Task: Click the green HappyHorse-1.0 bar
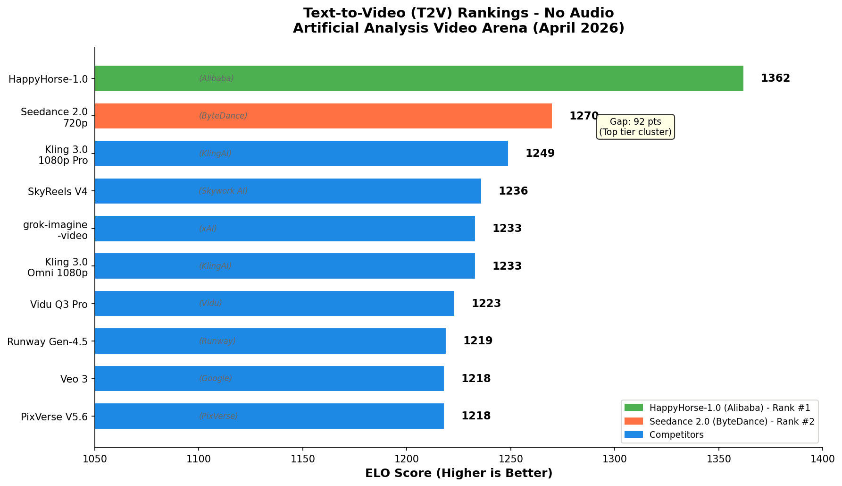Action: (x=419, y=78)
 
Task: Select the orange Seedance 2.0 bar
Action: (x=323, y=116)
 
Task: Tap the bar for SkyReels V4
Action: (x=288, y=191)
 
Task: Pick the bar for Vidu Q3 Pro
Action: (x=275, y=304)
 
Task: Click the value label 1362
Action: (x=775, y=78)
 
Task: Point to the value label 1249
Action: (x=540, y=153)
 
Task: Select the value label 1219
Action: (x=478, y=341)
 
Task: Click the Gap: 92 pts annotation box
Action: (x=635, y=127)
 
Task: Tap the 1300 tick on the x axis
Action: (x=615, y=459)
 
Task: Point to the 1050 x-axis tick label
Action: (x=95, y=459)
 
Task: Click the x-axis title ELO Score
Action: (x=459, y=473)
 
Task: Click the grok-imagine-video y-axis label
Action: (x=55, y=230)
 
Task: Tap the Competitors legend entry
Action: (x=676, y=435)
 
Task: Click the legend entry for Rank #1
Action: (x=729, y=408)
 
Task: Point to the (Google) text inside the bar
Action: (x=216, y=379)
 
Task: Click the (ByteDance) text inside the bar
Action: (x=223, y=116)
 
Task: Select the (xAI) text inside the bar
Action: (x=208, y=229)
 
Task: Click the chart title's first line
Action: (x=459, y=13)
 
